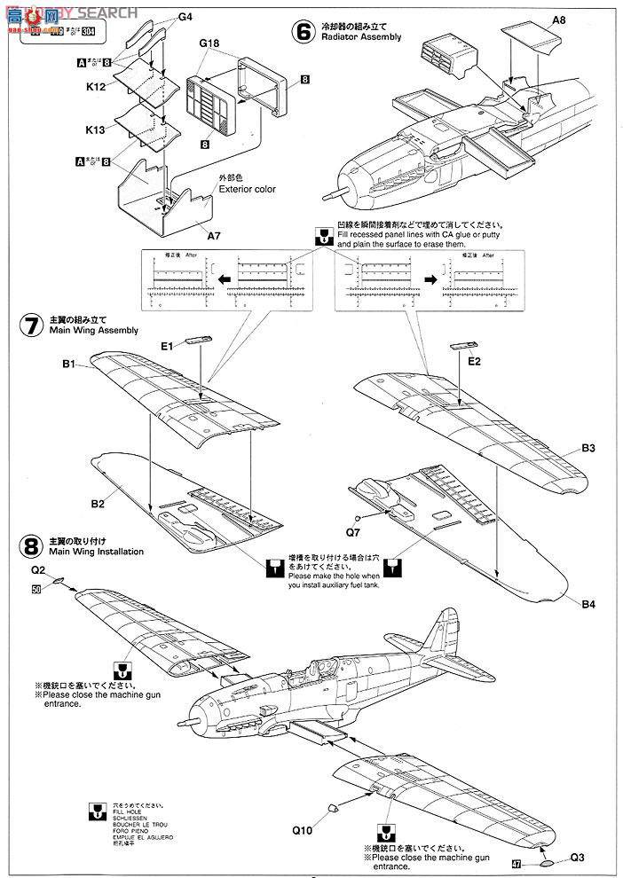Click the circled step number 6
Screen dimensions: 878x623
[x=304, y=31]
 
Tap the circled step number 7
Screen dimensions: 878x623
[x=30, y=324]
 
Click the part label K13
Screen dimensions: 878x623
[x=96, y=129]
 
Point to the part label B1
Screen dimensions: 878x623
[x=73, y=364]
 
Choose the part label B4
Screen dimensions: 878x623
[x=588, y=603]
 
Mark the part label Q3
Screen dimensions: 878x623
[x=578, y=858]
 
